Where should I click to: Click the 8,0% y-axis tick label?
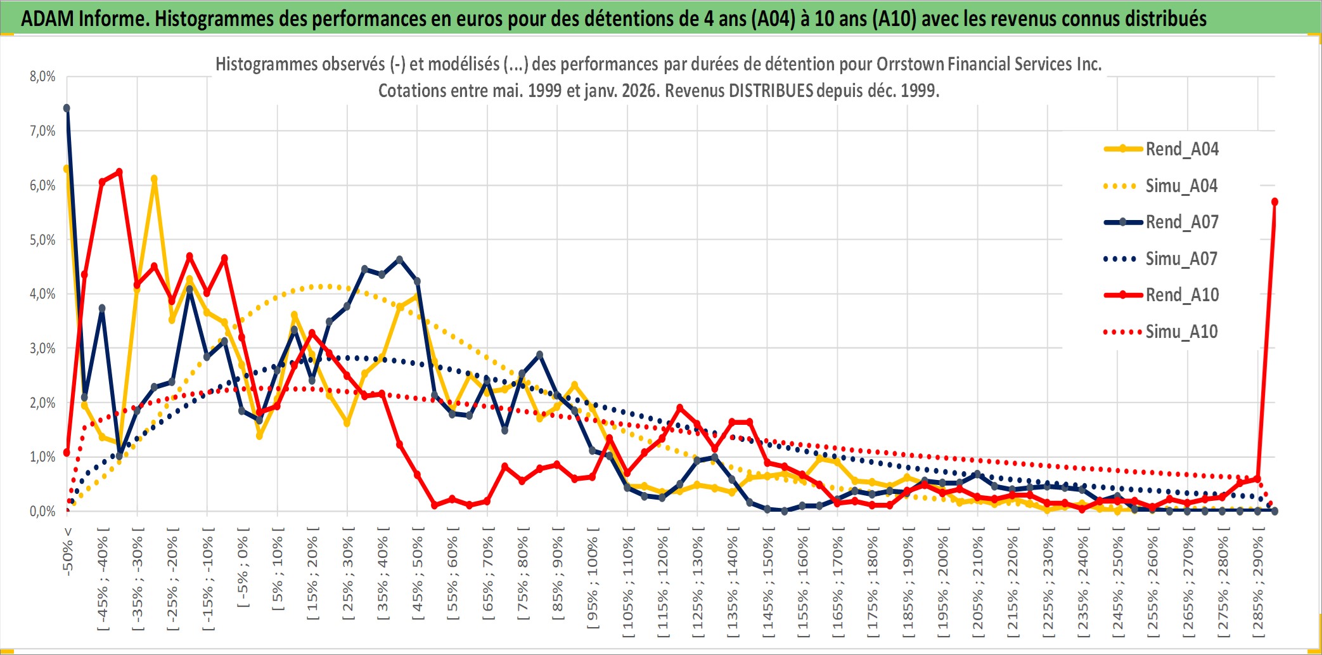click(42, 77)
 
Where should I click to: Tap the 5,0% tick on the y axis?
click(42, 240)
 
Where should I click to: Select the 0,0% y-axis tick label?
click(42, 511)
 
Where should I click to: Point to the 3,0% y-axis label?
click(42, 348)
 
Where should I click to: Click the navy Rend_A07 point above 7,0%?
click(67, 108)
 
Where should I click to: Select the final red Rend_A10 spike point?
click(1274, 202)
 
